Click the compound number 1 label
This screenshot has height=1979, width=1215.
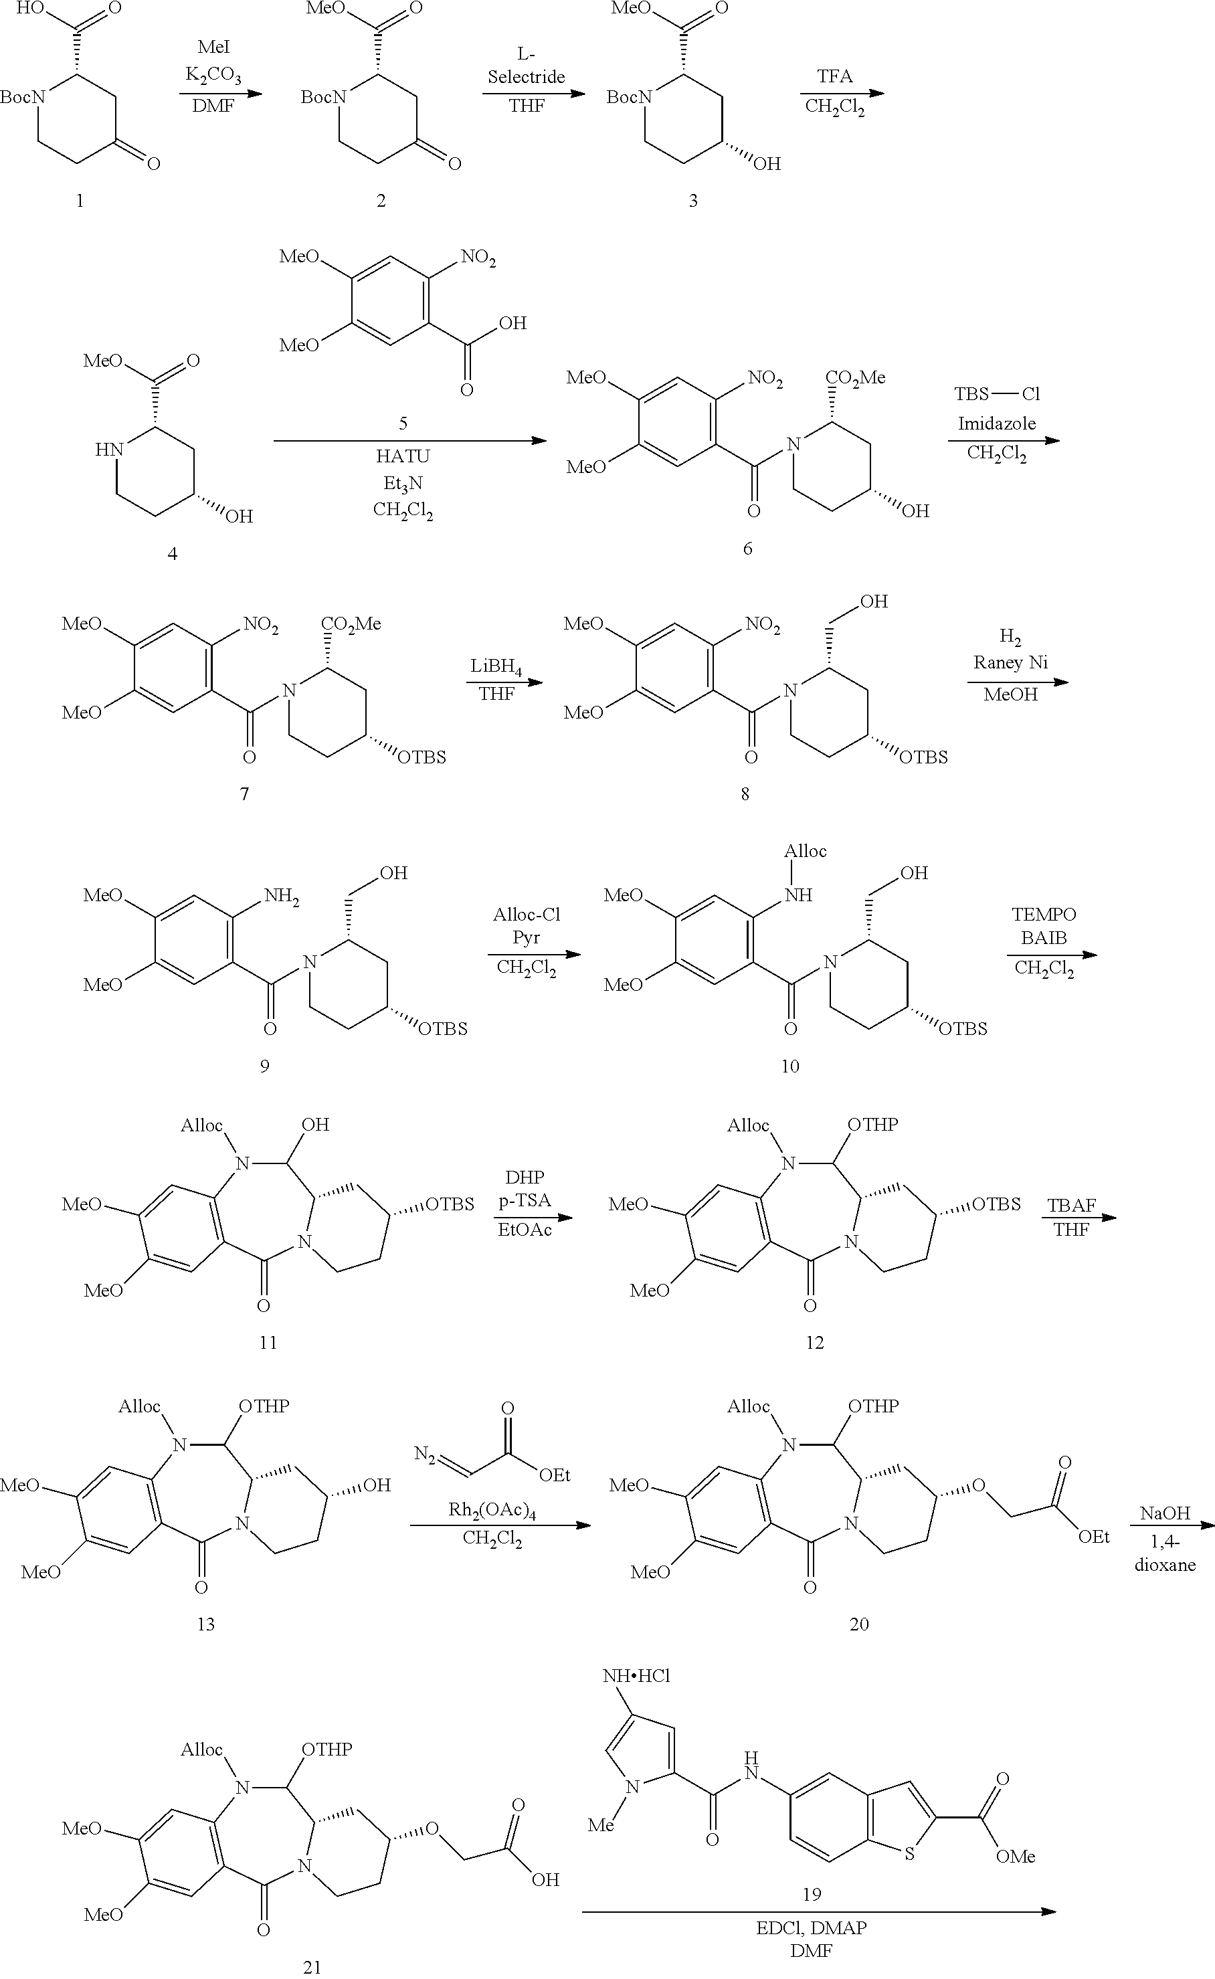point(79,200)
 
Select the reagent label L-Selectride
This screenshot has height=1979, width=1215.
point(527,66)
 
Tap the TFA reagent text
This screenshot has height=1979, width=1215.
point(835,76)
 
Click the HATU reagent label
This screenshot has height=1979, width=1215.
point(403,456)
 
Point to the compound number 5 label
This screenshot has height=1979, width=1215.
point(403,423)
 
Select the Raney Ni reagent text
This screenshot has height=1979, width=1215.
point(1010,662)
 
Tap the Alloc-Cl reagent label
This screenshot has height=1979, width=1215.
point(527,915)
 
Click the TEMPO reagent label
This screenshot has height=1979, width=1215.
point(1043,915)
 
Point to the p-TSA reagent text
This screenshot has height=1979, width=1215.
point(525,1200)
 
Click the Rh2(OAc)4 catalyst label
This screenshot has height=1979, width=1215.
point(492,1511)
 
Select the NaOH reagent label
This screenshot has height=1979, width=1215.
point(1164,1513)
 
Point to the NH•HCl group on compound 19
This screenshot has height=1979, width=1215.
point(636,1676)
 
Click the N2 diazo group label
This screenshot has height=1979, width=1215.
point(425,1454)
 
